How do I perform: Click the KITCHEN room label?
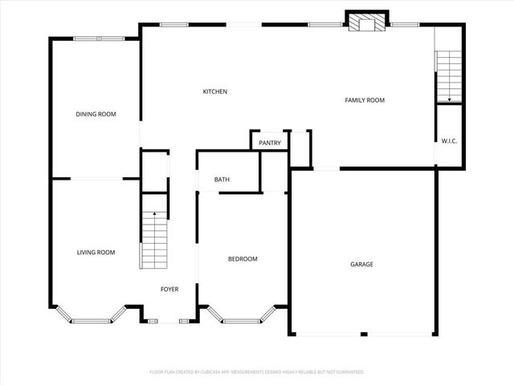click(x=214, y=91)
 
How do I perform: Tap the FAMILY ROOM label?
click(x=365, y=100)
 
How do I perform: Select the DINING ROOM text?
click(x=96, y=114)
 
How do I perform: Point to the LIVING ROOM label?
click(x=96, y=252)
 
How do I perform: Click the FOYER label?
click(x=169, y=289)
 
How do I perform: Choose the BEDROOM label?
click(x=243, y=258)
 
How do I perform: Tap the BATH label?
click(x=222, y=180)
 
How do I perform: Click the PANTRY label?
click(x=270, y=143)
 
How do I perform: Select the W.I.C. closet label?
click(x=449, y=141)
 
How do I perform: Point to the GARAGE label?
click(x=361, y=264)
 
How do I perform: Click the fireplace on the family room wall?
click(x=368, y=23)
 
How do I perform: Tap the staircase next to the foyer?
click(x=153, y=241)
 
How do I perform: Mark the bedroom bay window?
click(x=242, y=320)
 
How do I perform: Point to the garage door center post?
click(x=363, y=334)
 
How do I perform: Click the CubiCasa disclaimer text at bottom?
click(x=257, y=372)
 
